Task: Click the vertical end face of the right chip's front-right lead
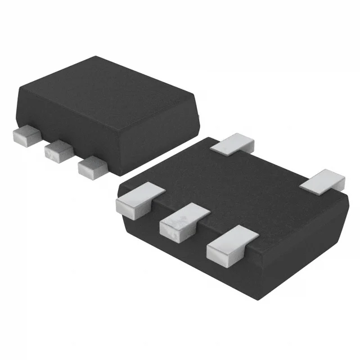coord(222,254)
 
